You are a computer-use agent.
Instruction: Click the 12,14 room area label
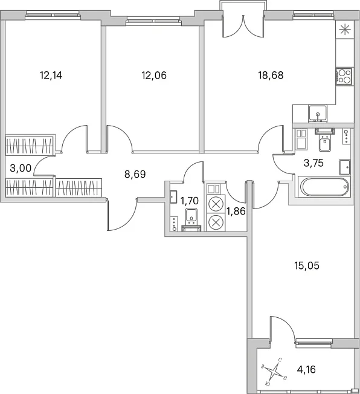coord(51,75)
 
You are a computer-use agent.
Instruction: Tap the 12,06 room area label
coord(154,75)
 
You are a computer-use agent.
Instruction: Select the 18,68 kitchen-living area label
coord(271,75)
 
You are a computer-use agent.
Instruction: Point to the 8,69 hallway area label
coord(135,174)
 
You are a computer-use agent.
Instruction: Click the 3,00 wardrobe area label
coord(21,168)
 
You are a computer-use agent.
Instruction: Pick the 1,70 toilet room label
coord(190,201)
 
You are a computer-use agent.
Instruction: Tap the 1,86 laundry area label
coord(236,212)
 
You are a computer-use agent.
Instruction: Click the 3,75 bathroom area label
coord(313,163)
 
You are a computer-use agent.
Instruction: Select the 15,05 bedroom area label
coord(307,266)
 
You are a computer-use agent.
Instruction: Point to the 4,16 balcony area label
coord(306,370)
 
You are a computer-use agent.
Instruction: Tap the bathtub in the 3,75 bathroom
coord(324,187)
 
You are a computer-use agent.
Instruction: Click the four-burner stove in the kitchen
coord(344,76)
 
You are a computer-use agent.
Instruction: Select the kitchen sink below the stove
coord(318,114)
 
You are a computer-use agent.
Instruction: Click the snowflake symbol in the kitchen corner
coord(345,30)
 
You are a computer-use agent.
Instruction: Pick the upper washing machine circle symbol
coord(216,204)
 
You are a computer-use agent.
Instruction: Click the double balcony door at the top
coord(243,27)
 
